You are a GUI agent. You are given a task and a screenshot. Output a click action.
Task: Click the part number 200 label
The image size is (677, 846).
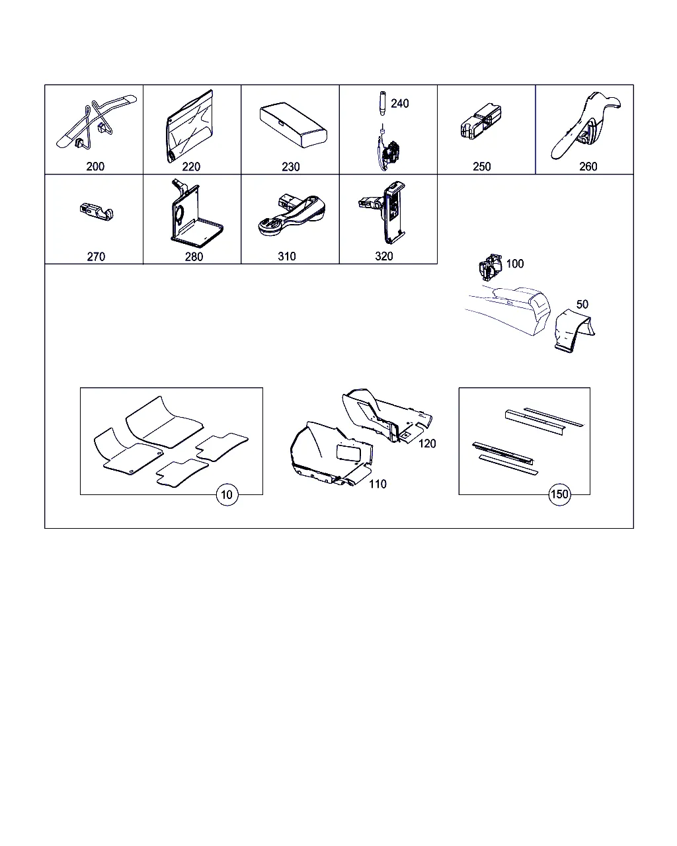point(95,167)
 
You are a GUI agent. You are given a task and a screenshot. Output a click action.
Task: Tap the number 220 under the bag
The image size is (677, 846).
point(191,167)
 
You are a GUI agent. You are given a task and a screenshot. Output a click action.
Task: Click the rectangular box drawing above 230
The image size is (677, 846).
point(293,125)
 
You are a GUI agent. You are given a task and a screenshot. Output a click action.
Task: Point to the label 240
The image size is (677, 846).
point(400,103)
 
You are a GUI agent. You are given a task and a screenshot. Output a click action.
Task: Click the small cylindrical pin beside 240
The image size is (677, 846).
point(382,103)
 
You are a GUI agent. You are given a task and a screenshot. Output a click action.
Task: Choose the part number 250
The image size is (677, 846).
point(482,167)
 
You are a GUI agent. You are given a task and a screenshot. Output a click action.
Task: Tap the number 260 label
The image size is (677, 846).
point(588,167)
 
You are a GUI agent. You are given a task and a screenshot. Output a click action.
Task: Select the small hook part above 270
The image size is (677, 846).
point(97,212)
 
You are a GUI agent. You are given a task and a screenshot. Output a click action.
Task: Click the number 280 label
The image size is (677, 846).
point(194,256)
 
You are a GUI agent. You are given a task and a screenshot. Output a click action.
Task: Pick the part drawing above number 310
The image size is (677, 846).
point(292,215)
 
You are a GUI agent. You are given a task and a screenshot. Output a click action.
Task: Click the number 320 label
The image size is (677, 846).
point(384,256)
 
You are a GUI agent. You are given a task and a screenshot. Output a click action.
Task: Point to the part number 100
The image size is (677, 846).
point(515,264)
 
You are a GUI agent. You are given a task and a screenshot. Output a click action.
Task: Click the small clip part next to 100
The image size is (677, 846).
point(490,267)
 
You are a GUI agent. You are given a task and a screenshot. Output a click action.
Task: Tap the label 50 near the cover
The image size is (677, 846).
point(582,304)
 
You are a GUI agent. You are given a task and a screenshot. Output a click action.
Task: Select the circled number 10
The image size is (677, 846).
point(227,494)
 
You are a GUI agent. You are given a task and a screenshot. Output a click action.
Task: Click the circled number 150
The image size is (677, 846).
point(559,494)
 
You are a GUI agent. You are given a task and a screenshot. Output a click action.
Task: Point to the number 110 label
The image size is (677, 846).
point(378,484)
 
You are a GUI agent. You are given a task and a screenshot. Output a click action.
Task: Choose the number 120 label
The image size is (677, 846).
point(427,444)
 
